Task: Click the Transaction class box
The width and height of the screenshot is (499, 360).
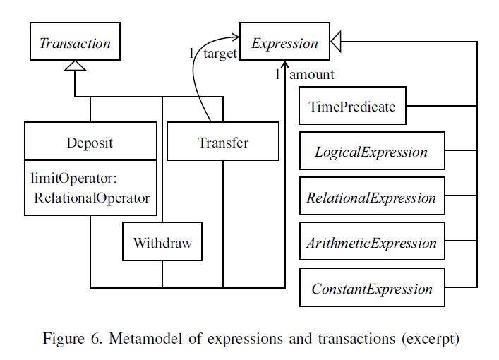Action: [x=75, y=42]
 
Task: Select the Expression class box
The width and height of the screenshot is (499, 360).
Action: [x=284, y=42]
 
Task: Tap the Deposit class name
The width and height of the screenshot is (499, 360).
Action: [x=90, y=142]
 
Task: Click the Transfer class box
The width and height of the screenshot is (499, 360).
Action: [x=222, y=142]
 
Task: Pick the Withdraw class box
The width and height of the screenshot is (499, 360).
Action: [x=162, y=243]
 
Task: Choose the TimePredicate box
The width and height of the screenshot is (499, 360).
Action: [x=352, y=107]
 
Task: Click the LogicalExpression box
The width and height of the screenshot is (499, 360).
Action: [x=372, y=152]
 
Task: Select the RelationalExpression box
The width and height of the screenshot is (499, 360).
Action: [x=372, y=198]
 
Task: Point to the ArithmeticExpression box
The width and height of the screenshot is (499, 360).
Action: [x=372, y=244]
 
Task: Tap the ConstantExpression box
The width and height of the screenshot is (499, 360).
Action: [x=372, y=289]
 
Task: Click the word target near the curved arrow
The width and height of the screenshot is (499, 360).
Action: [x=220, y=55]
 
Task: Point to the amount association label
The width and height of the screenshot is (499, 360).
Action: [x=311, y=75]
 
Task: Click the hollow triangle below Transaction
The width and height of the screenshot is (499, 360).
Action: [x=75, y=66]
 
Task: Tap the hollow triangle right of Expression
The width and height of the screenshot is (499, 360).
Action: [x=336, y=43]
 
